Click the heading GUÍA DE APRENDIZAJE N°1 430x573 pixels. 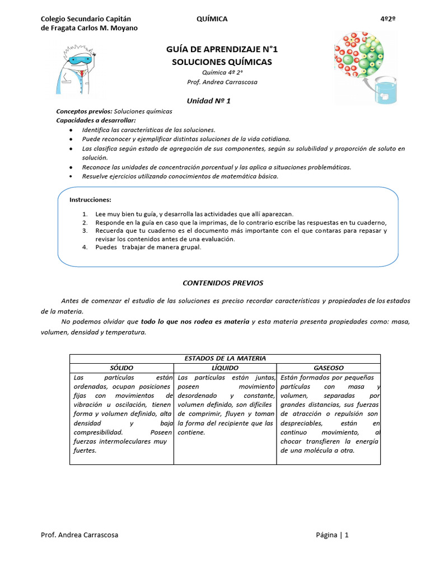(222, 50)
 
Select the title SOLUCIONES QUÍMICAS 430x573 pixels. (222, 62)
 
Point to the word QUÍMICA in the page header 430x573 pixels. (212, 19)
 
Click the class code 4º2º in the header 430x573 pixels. (388, 19)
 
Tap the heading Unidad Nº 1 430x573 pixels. (208, 101)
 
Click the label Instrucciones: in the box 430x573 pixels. (90, 200)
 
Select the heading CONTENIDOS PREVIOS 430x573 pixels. (223, 283)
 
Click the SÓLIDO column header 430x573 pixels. (121, 368)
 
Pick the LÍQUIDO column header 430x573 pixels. (225, 368)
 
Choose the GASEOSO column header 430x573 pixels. (329, 368)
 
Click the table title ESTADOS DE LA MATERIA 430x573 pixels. (225, 358)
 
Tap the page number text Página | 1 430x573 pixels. (332, 535)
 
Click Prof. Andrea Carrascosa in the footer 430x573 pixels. (80, 535)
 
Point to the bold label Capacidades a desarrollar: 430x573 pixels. (96, 120)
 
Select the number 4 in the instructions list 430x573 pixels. (84, 247)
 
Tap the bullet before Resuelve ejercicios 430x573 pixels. (70, 176)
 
